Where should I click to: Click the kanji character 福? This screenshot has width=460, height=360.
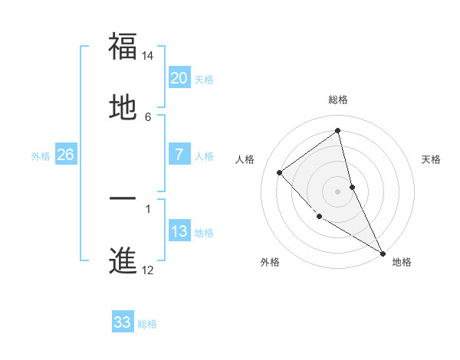tap(123, 46)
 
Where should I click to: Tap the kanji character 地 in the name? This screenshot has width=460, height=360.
tap(123, 106)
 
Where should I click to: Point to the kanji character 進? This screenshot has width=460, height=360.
tap(123, 260)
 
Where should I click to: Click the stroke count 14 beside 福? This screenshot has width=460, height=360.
tap(148, 56)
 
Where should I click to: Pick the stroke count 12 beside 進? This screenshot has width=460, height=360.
tap(148, 270)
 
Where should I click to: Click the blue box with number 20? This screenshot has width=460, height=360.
tap(179, 78)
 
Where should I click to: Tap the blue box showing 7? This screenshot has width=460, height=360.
tap(179, 155)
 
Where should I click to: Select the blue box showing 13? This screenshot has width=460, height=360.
tap(179, 231)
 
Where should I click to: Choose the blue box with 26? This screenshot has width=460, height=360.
tap(65, 155)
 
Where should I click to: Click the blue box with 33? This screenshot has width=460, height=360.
tap(123, 322)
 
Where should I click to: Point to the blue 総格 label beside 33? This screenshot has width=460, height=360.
tap(147, 324)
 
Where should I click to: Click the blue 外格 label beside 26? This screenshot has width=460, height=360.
tap(41, 156)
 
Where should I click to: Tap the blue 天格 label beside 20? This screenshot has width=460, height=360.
tap(204, 80)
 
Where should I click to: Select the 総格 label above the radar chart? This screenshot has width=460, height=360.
tap(338, 100)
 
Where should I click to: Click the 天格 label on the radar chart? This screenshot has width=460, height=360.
tap(432, 159)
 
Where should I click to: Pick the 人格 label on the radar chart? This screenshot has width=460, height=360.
tap(245, 159)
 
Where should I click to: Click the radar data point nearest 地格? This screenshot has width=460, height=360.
tap(382, 252)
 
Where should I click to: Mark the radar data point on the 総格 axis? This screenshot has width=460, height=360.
tap(338, 131)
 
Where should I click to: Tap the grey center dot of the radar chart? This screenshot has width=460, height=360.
tap(338, 191)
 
